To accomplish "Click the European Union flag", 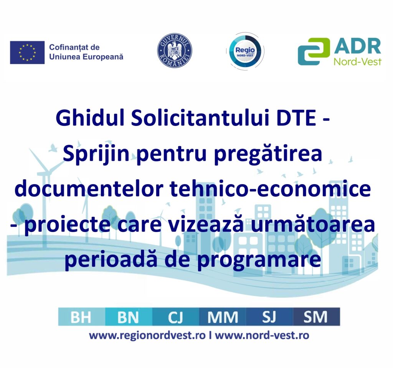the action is (x=27, y=52).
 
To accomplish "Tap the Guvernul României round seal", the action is (x=175, y=51).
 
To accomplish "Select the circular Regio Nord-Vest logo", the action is (x=245, y=51).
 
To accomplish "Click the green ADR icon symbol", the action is (x=314, y=51).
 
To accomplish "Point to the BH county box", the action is (x=82, y=317).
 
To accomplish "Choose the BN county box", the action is (x=129, y=317).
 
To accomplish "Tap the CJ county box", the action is (x=176, y=317).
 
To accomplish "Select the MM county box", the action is (x=223, y=317).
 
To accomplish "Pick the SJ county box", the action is (x=269, y=317).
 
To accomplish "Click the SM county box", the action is (x=316, y=317).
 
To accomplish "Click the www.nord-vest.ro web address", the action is (x=262, y=335).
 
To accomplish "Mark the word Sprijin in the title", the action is (x=96, y=154).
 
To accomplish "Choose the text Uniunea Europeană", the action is (x=86, y=57).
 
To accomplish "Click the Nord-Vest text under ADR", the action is (x=358, y=62).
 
